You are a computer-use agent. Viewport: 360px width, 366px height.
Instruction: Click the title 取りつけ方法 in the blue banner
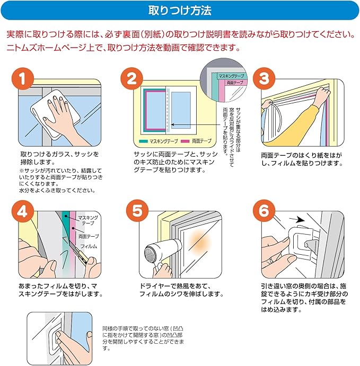point(180,11)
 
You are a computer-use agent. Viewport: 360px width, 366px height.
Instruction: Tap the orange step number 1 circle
point(23,79)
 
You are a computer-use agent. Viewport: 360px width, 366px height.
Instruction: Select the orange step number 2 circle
point(132,79)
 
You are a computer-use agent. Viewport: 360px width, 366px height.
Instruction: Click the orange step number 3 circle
point(264,79)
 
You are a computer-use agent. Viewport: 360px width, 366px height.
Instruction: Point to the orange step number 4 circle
point(23,211)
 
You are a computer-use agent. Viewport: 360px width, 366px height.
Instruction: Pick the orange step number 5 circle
point(137,211)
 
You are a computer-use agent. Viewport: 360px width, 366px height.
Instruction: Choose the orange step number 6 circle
point(264,211)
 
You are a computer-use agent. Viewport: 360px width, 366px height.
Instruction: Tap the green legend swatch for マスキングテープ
point(144,141)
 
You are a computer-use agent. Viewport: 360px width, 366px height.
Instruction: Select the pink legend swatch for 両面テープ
point(185,141)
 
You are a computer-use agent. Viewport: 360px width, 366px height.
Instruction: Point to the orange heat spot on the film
point(200,242)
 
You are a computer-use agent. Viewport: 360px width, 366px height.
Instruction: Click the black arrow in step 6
point(297,219)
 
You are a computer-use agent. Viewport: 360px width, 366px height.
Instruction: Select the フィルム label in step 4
point(89,246)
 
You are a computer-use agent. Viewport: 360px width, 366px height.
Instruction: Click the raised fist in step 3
point(323,93)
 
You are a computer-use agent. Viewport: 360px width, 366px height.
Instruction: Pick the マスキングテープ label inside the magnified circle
point(231,76)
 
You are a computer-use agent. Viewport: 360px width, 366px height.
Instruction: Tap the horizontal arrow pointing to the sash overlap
point(196,124)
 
